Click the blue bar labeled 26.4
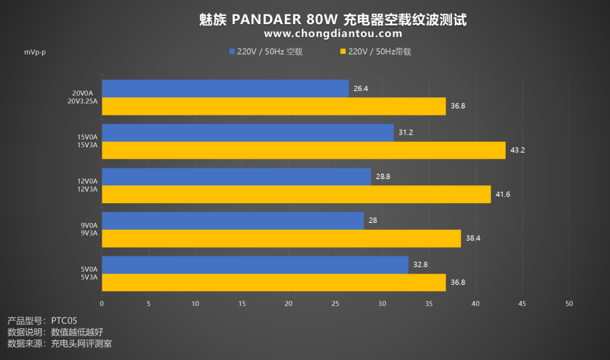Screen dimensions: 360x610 coord(225,88)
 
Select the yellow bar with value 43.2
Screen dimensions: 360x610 coord(303,150)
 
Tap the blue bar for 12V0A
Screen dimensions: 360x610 coord(236,177)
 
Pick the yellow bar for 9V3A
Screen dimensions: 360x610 coord(281,238)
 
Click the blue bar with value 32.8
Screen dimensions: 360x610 coord(255,265)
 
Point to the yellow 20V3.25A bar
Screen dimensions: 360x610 coord(273,106)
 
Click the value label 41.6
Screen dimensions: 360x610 coord(503,194)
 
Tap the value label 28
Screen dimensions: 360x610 coord(373,221)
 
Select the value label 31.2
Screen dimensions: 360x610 coord(405,133)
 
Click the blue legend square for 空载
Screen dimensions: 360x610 coord(232,51)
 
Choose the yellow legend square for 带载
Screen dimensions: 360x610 coord(343,51)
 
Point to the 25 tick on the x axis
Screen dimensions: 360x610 coord(335,303)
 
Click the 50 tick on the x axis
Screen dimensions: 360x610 coord(569,303)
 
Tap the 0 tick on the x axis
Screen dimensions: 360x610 coord(102,303)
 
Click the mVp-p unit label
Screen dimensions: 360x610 coord(35,52)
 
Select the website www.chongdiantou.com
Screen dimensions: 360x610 coord(333,34)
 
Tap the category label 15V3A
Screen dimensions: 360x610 coord(87,145)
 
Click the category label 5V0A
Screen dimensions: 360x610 coord(88,269)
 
